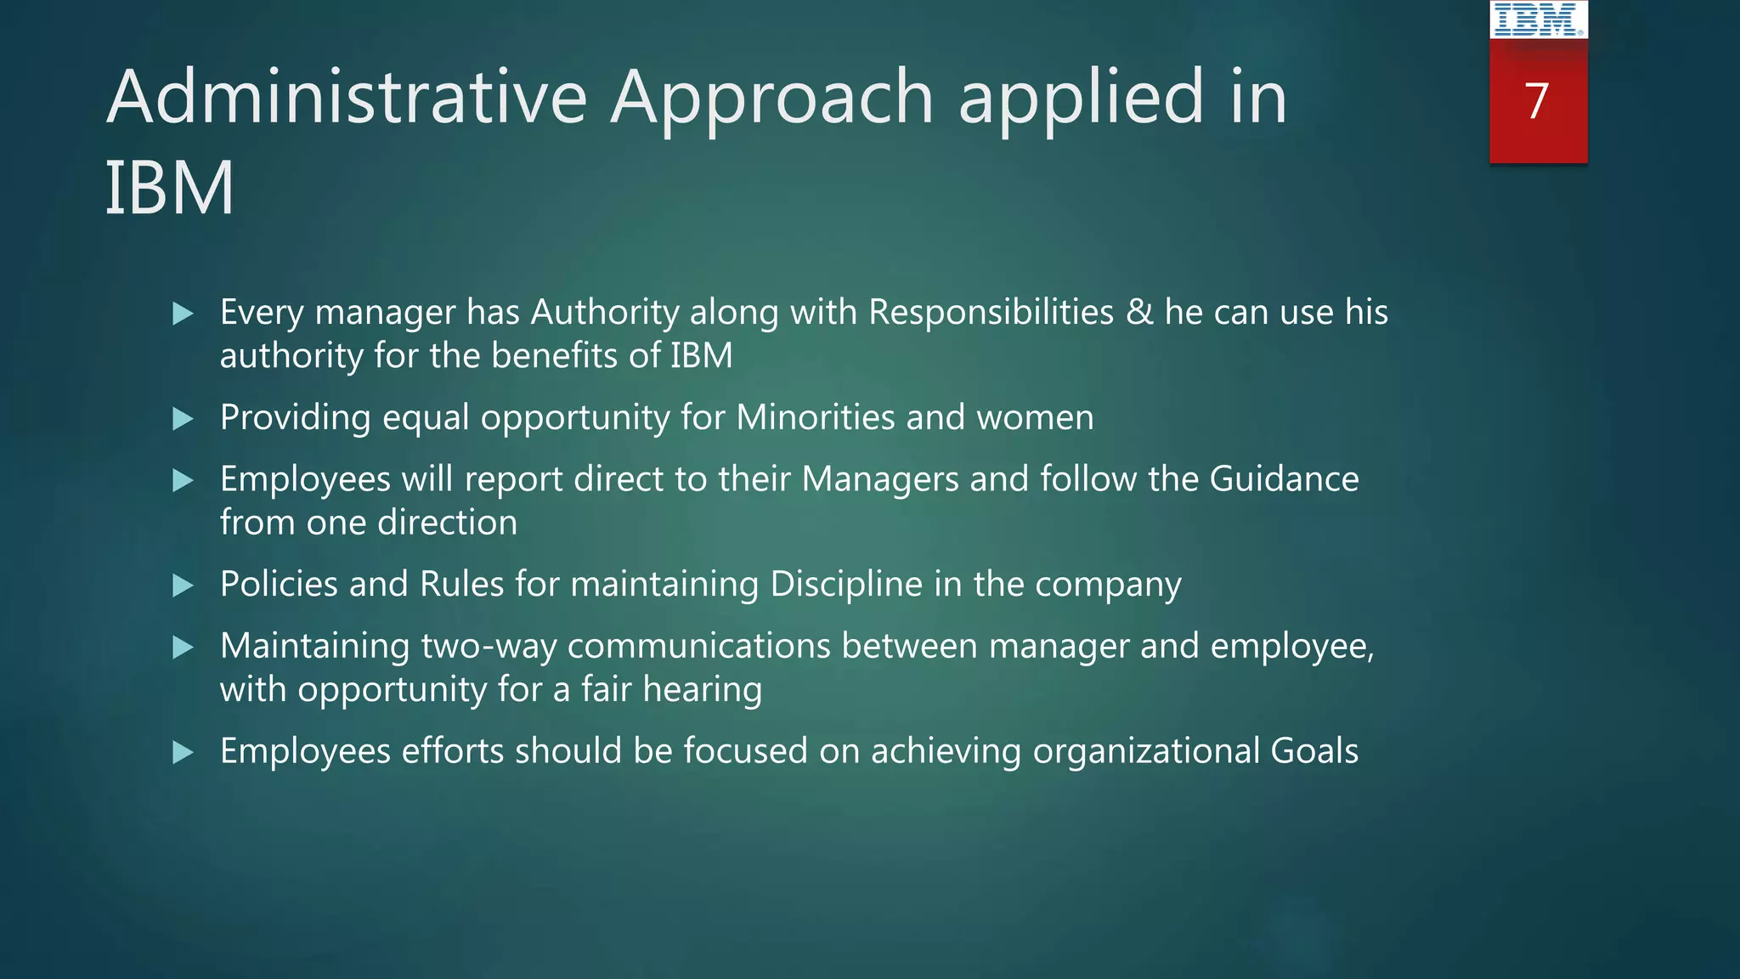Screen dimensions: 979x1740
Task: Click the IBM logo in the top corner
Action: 1538,20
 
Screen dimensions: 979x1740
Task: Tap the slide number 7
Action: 1537,101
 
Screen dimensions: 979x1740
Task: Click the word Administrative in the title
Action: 347,97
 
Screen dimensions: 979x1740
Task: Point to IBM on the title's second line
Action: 169,188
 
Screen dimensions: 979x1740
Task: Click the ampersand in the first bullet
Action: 1139,312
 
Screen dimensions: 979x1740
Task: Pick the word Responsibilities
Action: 991,312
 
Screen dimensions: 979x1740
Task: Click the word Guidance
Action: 1284,479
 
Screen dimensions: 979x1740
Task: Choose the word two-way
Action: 489,647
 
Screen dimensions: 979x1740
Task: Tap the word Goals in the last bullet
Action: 1314,751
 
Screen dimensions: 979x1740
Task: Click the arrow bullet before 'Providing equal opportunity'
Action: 183,418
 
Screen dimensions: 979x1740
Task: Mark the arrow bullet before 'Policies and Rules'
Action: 183,585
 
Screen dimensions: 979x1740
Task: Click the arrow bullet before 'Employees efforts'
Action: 183,751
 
